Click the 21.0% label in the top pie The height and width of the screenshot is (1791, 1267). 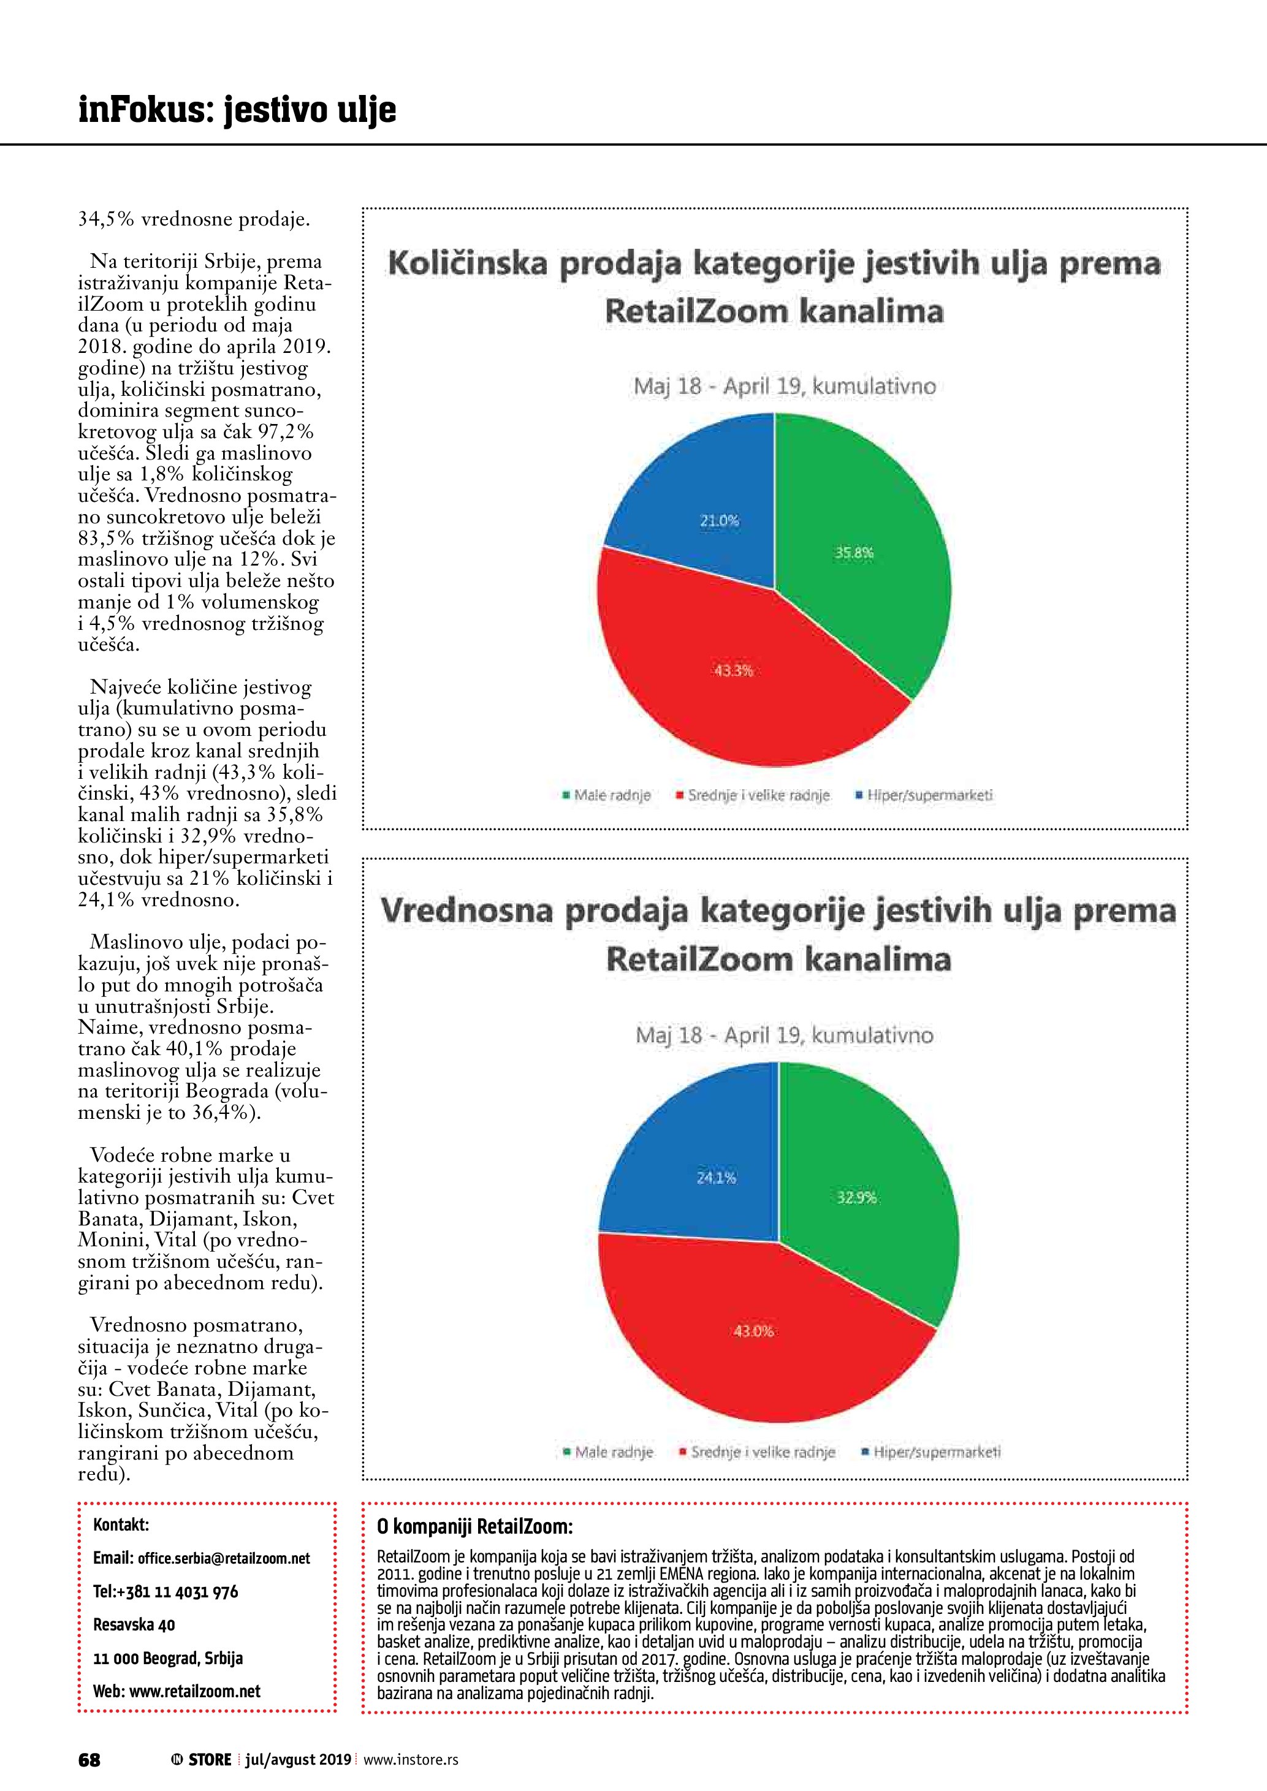[x=718, y=521]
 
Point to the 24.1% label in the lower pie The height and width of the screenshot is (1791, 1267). [x=716, y=1178]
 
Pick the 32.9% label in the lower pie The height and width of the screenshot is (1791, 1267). [x=857, y=1197]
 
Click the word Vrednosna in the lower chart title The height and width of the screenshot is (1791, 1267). [x=466, y=911]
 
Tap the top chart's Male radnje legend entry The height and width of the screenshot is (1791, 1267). [x=607, y=796]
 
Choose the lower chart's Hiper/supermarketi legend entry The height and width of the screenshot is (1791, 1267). [x=932, y=1452]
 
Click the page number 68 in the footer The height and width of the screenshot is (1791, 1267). [x=89, y=1760]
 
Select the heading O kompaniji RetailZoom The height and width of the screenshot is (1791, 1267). [x=474, y=1526]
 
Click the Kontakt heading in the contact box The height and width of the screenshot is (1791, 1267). [x=121, y=1525]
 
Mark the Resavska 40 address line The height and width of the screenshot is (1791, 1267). [x=134, y=1625]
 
